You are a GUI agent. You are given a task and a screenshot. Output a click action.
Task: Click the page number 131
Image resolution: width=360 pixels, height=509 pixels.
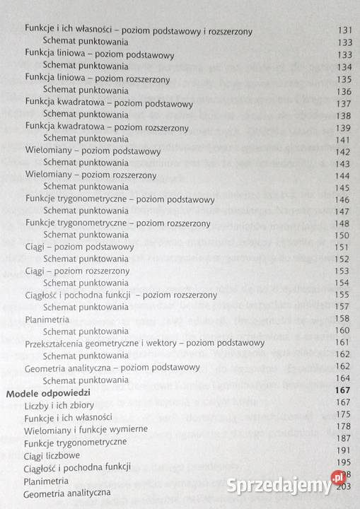click(343, 31)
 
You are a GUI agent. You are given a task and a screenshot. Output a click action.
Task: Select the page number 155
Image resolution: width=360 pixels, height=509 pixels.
click(343, 295)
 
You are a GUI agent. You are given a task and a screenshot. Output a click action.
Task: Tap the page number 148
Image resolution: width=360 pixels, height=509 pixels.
click(343, 223)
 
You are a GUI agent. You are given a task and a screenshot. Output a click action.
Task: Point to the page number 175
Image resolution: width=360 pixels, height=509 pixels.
click(344, 414)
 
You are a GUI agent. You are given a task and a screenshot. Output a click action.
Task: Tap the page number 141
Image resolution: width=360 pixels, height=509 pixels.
click(343, 139)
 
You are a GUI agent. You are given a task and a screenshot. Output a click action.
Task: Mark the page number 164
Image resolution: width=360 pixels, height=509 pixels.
click(343, 379)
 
